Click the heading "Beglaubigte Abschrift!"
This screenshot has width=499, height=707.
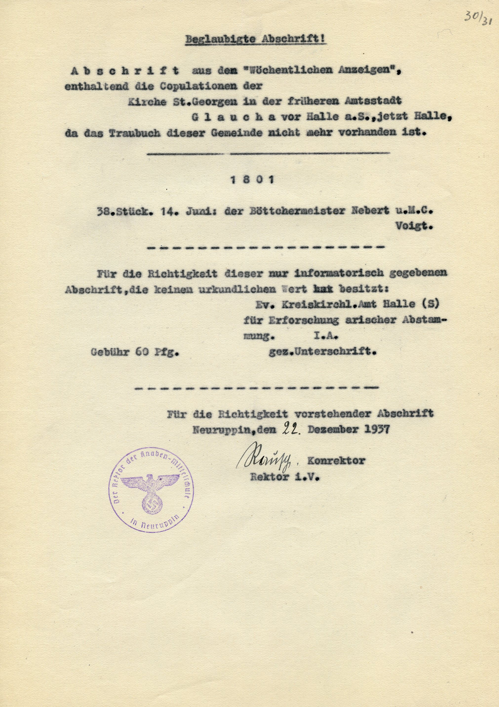pyautogui.click(x=255, y=40)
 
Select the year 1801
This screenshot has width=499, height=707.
pyautogui.click(x=252, y=180)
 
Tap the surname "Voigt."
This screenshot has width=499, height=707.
pyautogui.click(x=414, y=226)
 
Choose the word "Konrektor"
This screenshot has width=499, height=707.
pyautogui.click(x=336, y=461)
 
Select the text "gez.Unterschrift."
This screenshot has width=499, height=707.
pyautogui.click(x=322, y=352)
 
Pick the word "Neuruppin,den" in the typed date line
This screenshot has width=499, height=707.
pyautogui.click(x=234, y=429)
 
